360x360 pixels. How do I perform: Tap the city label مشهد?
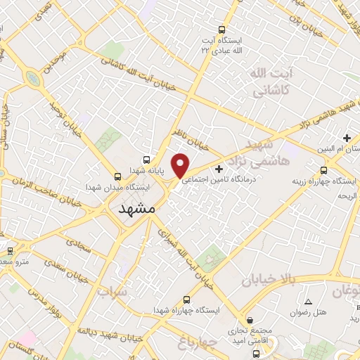(x=131, y=210)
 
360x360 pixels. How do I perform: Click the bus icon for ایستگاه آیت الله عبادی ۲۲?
(x=222, y=30)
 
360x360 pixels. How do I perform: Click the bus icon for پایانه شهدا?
(x=146, y=160)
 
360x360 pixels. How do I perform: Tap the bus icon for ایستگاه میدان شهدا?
(x=117, y=177)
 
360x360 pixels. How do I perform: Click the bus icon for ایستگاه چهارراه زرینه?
(x=323, y=170)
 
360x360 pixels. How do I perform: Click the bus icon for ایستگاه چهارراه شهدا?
(x=186, y=299)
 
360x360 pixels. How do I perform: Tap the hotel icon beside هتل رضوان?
(x=309, y=302)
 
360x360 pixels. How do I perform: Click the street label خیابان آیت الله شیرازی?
(x=184, y=260)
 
